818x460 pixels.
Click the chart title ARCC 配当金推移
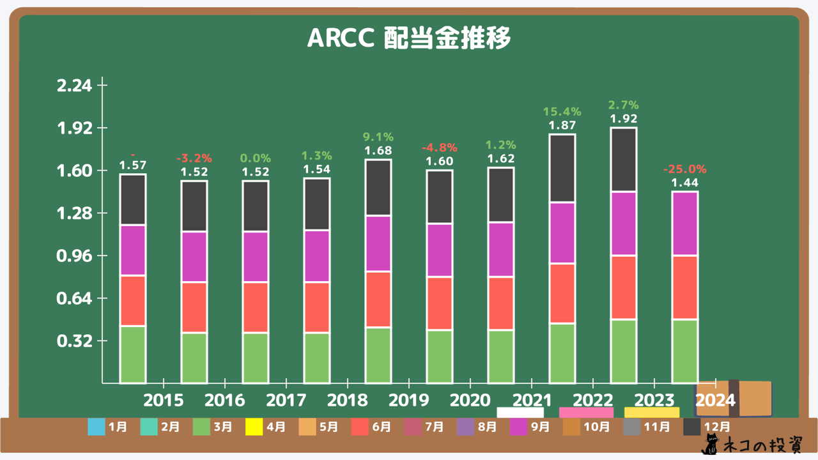pos(409,39)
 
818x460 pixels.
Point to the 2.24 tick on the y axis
pos(75,86)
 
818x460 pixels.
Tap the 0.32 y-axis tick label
pos(75,341)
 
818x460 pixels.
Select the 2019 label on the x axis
pos(409,401)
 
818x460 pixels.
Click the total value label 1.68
pos(378,151)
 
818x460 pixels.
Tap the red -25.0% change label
pos(684,169)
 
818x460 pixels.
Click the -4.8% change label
pos(440,148)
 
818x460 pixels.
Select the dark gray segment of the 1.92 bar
pos(624,159)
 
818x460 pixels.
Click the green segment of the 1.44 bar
pos(684,351)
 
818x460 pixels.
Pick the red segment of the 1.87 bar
pos(562,293)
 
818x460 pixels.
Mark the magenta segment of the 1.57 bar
pos(133,250)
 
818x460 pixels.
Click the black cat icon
pos(710,445)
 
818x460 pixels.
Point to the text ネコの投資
pos(761,445)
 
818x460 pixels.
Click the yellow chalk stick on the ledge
pos(652,412)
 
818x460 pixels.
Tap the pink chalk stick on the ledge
pos(586,412)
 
